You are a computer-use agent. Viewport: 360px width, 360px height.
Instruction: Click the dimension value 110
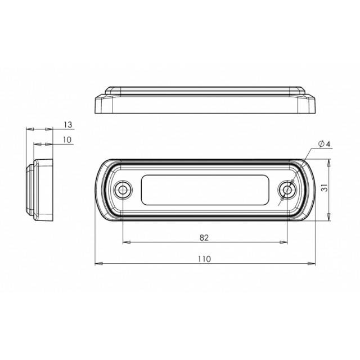(204, 259)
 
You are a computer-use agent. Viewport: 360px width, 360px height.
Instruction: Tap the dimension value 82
(204, 237)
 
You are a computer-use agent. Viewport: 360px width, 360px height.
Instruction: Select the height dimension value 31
(324, 188)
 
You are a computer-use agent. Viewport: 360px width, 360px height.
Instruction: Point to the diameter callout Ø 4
(324, 144)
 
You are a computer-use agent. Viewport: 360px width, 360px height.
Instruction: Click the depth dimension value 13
(67, 125)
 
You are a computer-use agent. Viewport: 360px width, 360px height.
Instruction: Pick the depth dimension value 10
(67, 139)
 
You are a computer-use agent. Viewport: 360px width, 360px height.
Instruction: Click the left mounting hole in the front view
(123, 190)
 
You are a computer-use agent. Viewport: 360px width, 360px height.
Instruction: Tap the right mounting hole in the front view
(287, 190)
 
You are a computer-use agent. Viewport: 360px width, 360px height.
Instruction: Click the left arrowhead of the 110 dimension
(99, 264)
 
